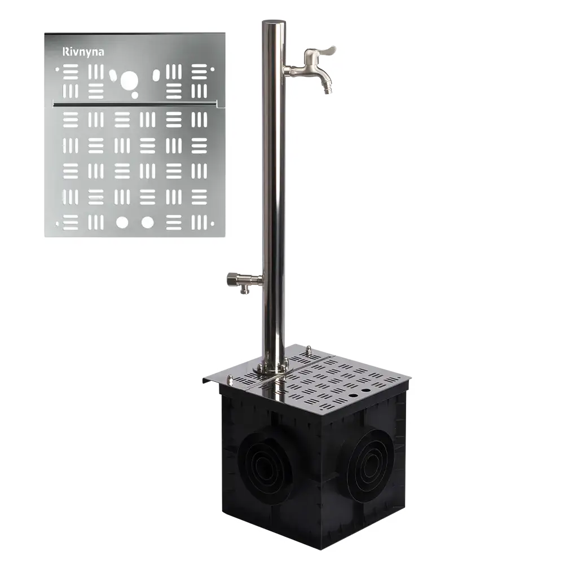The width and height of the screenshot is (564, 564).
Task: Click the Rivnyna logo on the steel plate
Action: pos(83,52)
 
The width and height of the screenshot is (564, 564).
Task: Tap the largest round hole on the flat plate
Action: pos(129,80)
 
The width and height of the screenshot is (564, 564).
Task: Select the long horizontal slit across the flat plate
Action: pos(135,105)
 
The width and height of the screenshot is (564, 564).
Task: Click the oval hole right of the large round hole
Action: pos(156,75)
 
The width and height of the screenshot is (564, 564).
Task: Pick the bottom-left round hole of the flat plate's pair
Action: pos(122,223)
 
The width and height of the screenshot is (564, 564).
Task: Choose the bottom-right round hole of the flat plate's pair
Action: pos(147,223)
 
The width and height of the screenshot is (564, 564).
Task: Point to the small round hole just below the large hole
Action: pos(135,95)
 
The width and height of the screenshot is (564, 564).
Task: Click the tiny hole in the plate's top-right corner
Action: pos(212,69)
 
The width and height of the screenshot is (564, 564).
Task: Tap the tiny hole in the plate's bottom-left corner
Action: pos(57,224)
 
